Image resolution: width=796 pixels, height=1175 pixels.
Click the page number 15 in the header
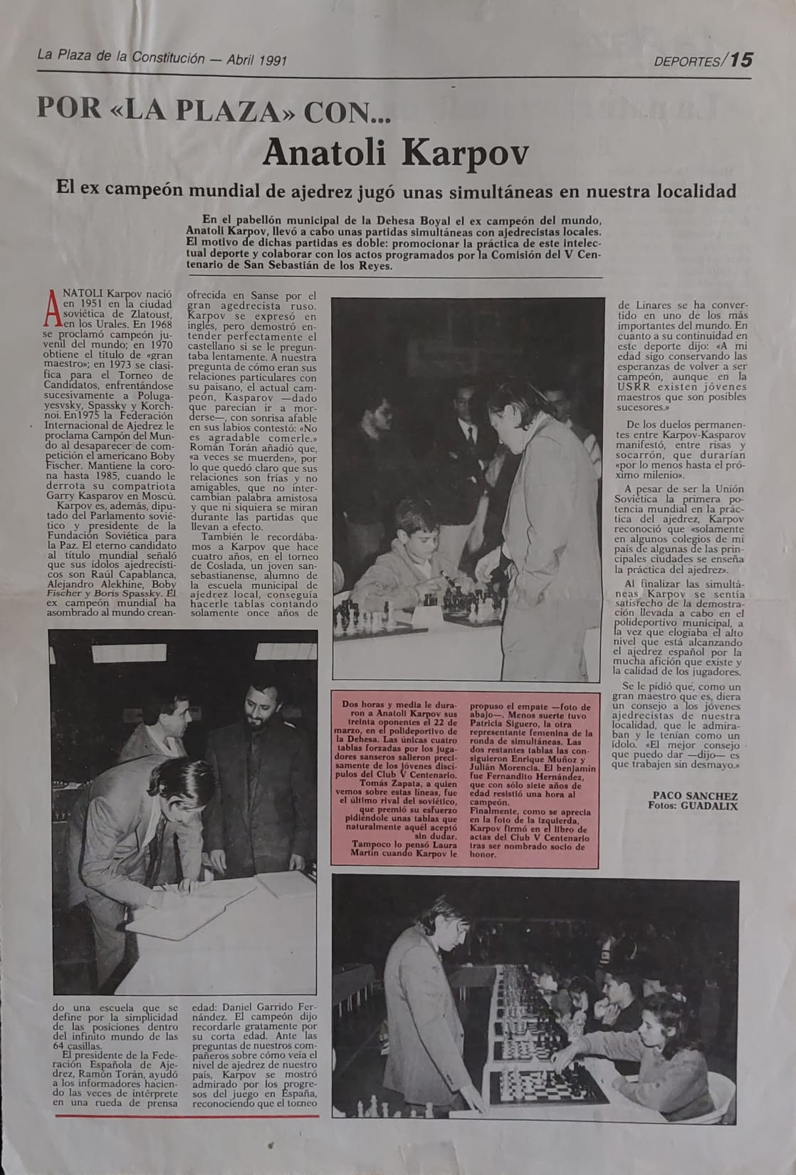[740, 59]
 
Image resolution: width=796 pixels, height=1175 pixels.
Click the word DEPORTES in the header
[687, 61]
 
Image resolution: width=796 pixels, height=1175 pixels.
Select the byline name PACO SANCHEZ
[695, 795]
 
